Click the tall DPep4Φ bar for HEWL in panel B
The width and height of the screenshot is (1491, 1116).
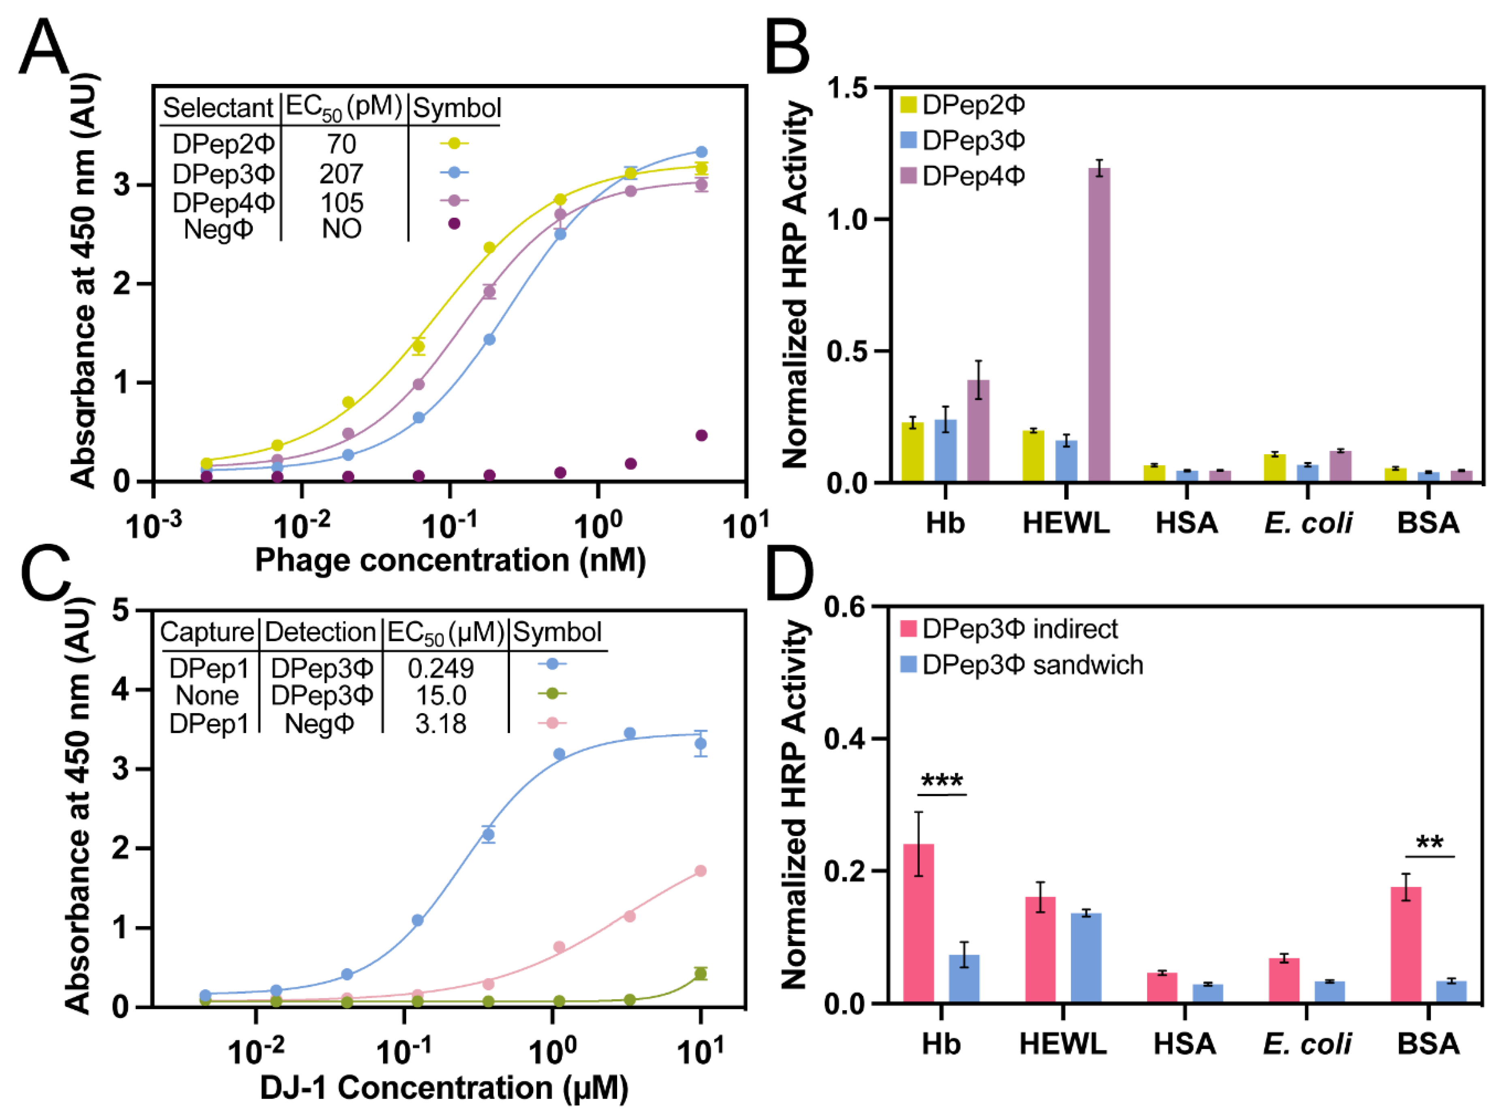1099,323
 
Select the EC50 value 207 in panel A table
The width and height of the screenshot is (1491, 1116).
341,174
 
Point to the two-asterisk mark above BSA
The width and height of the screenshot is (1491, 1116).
1430,843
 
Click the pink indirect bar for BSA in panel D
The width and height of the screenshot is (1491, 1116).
1406,944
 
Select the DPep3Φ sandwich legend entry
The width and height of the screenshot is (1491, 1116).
1021,665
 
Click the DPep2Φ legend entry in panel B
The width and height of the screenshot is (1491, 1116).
964,105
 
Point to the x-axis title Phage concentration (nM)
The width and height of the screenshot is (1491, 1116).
450,560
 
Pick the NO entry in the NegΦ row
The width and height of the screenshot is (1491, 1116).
341,229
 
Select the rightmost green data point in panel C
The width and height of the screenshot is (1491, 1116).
701,973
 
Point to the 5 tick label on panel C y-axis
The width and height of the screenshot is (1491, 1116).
121,610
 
